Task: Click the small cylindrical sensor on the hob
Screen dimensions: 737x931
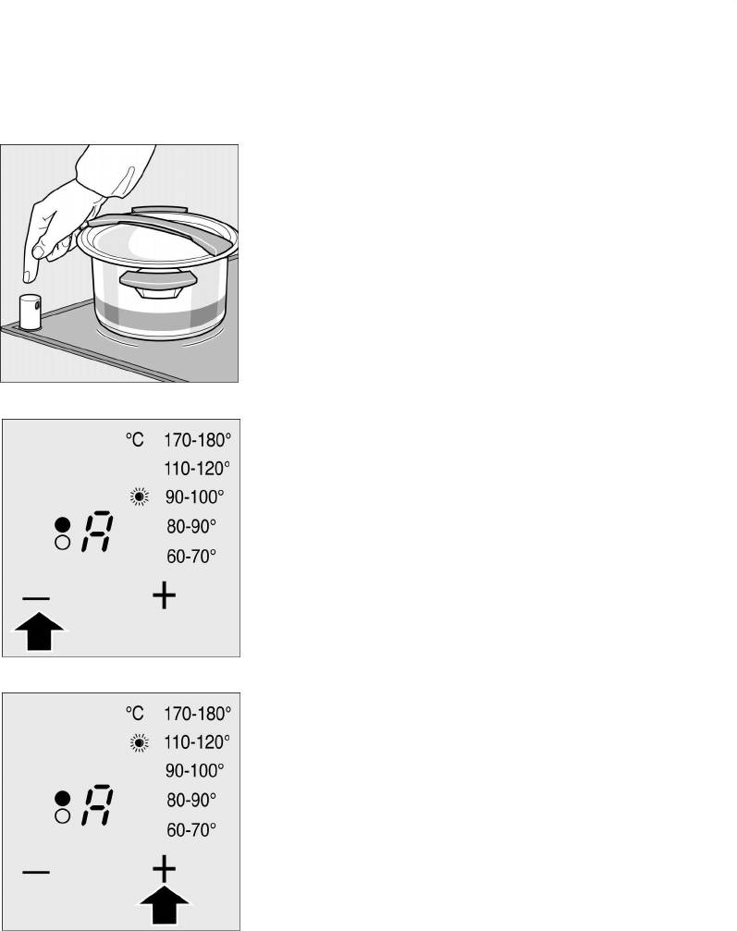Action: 29,312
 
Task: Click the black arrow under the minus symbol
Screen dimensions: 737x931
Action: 39,631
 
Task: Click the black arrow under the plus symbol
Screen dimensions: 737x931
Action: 165,904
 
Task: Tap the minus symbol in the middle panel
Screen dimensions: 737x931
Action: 36,598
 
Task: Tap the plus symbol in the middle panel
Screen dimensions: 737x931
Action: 164,595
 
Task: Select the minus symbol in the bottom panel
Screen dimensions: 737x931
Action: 36,872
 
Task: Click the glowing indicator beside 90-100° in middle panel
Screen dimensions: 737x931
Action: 140,496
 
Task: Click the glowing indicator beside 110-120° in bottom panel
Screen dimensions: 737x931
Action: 140,742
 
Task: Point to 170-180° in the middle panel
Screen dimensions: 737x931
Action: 197,440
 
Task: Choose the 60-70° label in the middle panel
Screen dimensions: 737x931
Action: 191,557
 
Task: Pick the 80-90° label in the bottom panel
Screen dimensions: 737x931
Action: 191,800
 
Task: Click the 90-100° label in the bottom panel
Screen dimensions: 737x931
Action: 195,771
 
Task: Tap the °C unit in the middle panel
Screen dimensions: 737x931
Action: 135,440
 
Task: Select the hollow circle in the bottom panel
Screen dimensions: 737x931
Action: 62,816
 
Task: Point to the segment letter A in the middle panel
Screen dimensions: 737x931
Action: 97,532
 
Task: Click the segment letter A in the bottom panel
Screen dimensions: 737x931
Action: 97,805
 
